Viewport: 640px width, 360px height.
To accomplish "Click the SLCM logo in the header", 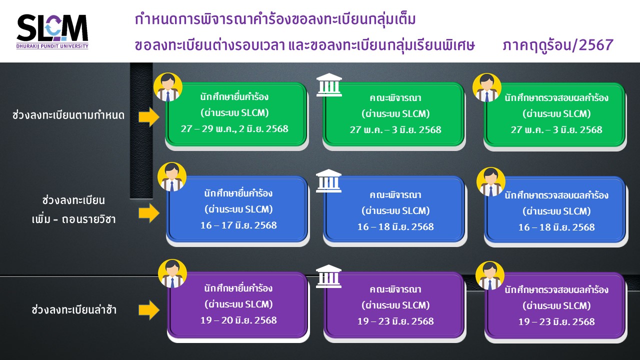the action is pos(52,31).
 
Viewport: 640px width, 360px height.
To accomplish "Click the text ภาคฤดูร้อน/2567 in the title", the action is pos(558,45).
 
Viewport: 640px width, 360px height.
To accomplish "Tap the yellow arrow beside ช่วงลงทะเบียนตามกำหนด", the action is pos(149,117).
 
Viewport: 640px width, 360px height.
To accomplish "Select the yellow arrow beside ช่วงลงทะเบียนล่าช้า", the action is pos(149,310).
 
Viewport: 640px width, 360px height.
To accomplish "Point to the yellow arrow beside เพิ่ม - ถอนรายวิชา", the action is pos(149,213).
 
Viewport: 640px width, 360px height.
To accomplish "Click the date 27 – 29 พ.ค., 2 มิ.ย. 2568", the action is pos(234,129).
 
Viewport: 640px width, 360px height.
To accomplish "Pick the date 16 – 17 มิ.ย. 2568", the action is pos(238,225).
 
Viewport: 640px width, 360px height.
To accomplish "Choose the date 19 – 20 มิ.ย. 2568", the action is pos(238,320).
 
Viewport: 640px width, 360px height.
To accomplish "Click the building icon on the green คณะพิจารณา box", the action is pos(329,85).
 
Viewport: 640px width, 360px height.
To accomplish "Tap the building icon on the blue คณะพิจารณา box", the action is pos(328,181).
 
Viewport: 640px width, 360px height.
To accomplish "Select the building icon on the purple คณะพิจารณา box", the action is pos(328,276).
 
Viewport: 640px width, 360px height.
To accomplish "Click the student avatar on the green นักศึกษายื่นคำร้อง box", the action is pos(168,87).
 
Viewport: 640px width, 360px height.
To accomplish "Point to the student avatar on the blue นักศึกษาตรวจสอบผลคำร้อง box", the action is pos(491,181).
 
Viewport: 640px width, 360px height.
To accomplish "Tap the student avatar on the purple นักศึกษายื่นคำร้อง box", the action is pos(172,273).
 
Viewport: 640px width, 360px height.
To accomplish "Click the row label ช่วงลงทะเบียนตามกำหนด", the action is pos(68,115).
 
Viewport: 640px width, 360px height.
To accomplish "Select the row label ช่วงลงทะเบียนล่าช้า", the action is pos(74,309).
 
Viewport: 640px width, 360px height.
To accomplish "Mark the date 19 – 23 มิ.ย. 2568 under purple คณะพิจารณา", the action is pos(395,321).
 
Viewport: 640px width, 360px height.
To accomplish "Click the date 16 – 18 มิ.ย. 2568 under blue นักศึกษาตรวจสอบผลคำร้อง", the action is pos(556,227).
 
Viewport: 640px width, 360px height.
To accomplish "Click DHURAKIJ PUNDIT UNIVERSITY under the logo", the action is pos(52,46).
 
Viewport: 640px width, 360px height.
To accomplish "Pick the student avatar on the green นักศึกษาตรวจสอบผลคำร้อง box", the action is pos(487,87).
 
